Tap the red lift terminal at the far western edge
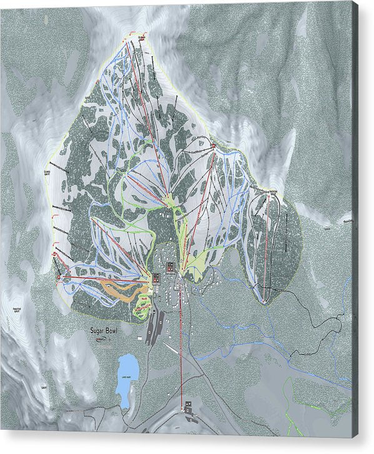point(57,275)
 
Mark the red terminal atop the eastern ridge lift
point(214,146)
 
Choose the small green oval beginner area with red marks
point(142,305)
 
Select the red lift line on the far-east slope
point(267,250)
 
